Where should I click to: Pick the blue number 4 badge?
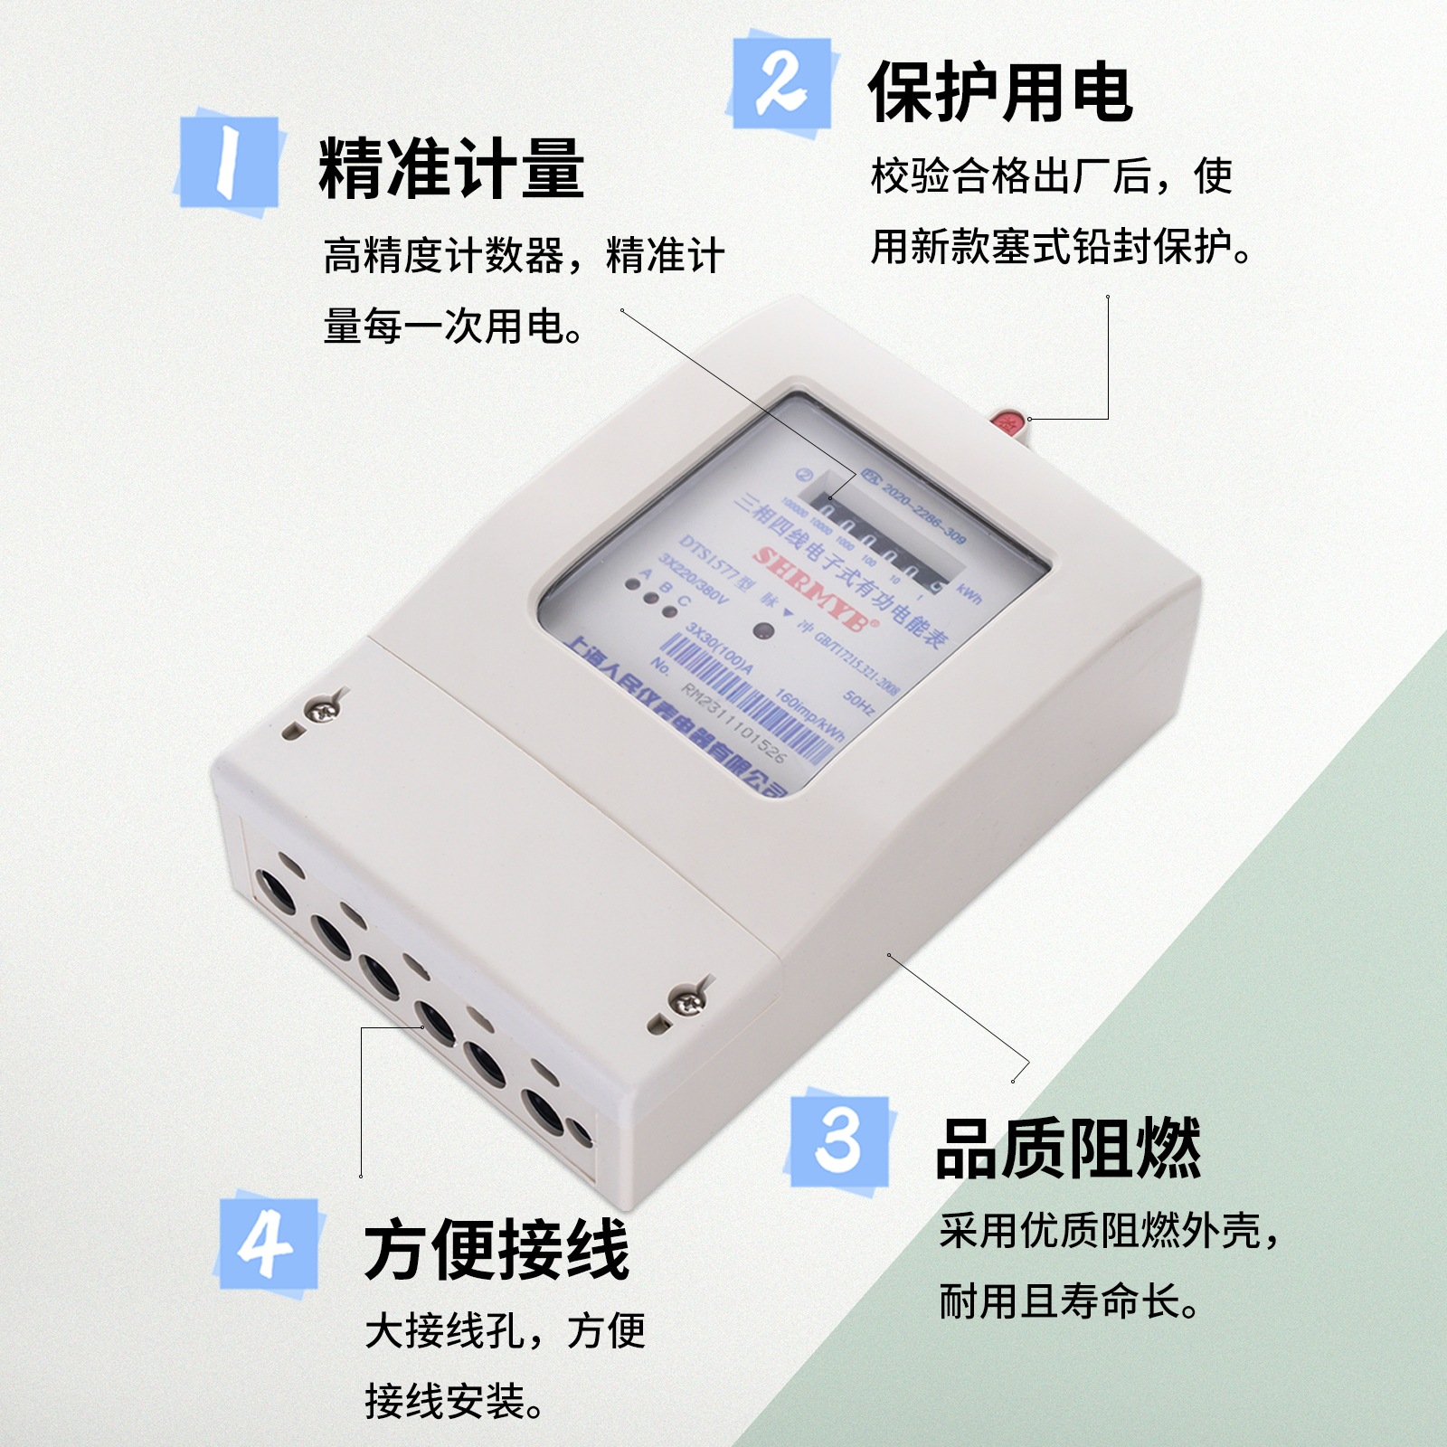tap(268, 1244)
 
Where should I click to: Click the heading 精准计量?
tap(450, 169)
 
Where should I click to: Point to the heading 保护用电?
tap(999, 92)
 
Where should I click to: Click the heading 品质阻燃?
tap(1067, 1149)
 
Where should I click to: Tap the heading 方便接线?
tap(496, 1251)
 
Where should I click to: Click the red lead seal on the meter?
tap(1007, 421)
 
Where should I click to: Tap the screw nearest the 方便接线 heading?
tap(689, 999)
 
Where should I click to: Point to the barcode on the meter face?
tap(751, 696)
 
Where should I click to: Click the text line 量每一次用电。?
tap(453, 326)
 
